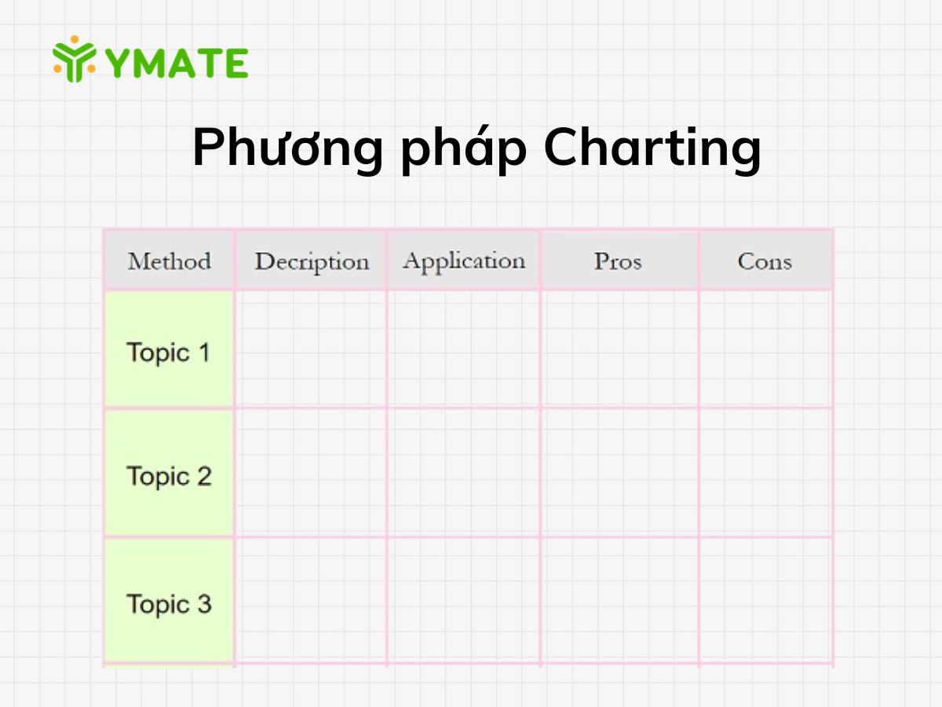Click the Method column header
click(169, 261)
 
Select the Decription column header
click(311, 262)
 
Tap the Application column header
click(463, 261)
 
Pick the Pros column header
click(618, 261)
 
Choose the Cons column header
click(765, 261)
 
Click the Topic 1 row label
click(169, 352)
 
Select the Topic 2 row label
click(169, 476)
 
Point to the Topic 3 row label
click(169, 604)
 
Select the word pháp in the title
click(462, 149)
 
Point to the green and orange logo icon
click(75, 59)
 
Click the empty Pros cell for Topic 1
click(619, 349)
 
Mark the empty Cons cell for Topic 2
click(765, 473)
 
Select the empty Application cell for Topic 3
click(463, 601)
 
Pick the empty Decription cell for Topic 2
click(311, 473)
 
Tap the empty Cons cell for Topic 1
click(765, 349)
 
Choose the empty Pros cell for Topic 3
click(619, 601)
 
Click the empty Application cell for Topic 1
click(463, 349)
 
